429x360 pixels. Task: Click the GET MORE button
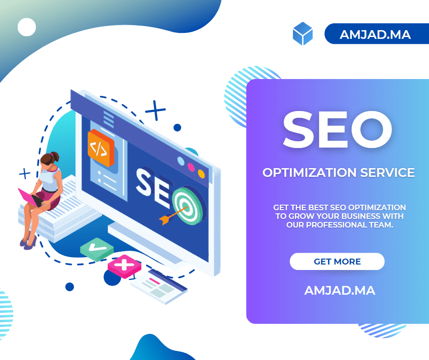337,261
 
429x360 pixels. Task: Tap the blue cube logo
303,34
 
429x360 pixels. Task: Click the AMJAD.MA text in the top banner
375,35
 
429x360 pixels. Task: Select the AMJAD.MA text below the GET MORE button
340,291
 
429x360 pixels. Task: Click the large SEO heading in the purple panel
338,129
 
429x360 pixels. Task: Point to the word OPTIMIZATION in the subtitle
309,173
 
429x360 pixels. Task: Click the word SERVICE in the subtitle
387,173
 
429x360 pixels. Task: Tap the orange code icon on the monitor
101,148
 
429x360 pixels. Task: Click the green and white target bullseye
188,206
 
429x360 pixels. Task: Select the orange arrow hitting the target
173,215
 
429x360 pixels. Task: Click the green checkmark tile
97,249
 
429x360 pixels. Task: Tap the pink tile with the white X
125,266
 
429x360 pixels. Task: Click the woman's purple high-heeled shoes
28,242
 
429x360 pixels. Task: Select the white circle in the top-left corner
27,27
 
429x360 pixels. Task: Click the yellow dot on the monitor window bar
201,174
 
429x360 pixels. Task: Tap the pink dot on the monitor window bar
191,167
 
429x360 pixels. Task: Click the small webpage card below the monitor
159,286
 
